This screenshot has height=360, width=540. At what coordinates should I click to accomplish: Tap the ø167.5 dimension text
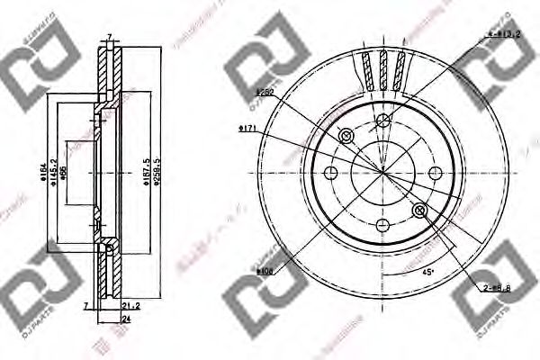pos(146,168)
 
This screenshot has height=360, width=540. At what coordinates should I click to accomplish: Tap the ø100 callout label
pos(265,270)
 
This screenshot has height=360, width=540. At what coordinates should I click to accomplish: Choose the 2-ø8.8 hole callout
pos(496,287)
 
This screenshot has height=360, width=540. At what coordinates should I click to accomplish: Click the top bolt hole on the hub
pos(382,120)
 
